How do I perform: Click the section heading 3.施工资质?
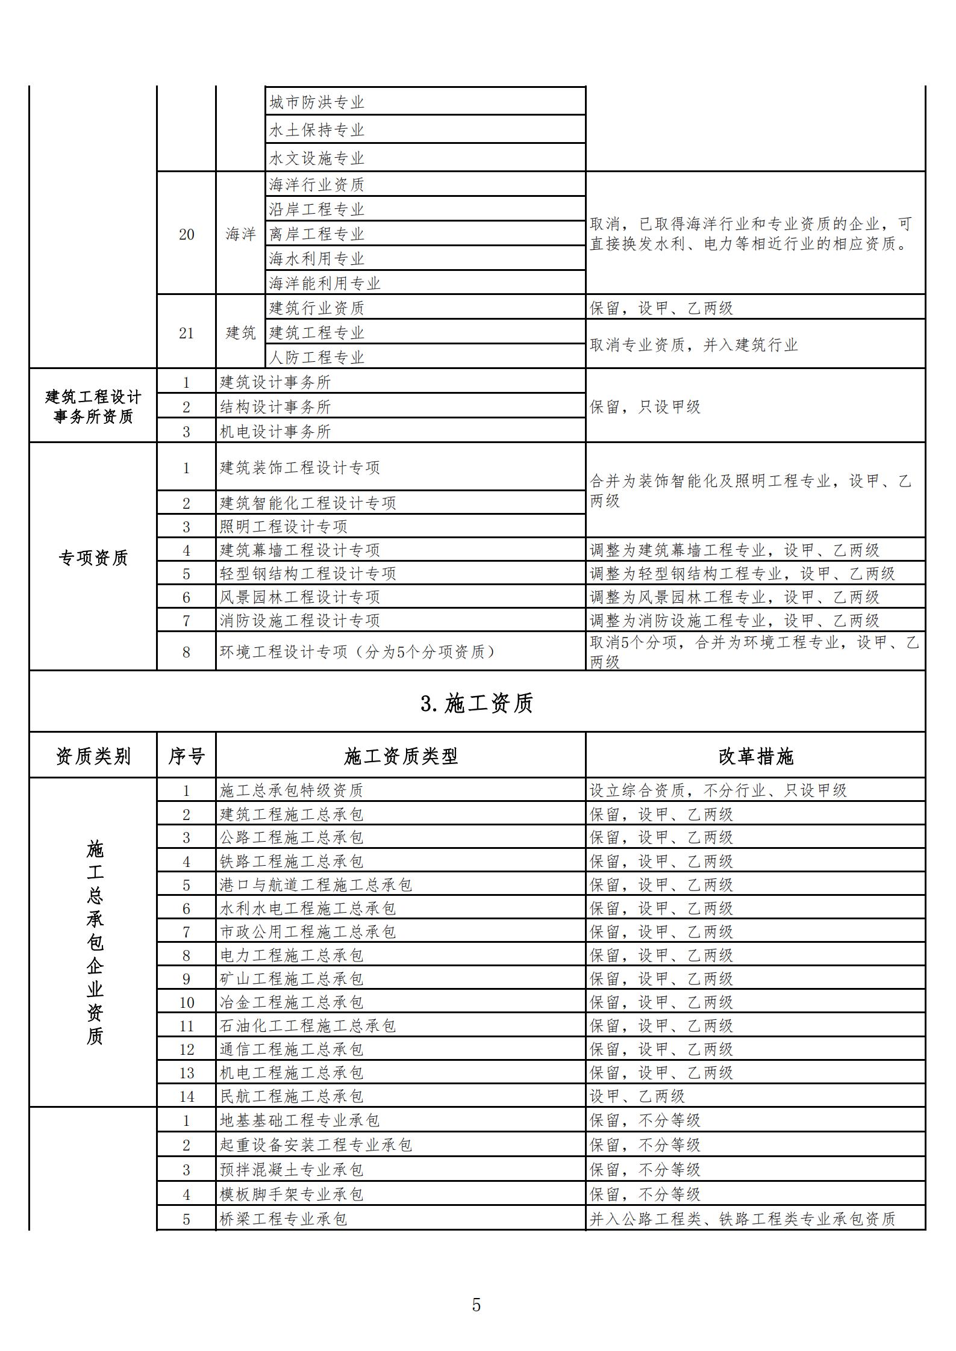click(x=476, y=703)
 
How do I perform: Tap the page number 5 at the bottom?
click(x=476, y=1305)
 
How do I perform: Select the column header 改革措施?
click(x=755, y=756)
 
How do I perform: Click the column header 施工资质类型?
click(x=401, y=756)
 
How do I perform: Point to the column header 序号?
click(x=186, y=756)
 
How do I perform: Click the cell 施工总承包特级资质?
click(x=292, y=790)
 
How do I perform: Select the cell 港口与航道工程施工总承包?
click(x=316, y=884)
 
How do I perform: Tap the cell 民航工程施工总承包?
click(x=292, y=1096)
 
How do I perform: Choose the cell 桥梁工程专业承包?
click(x=283, y=1219)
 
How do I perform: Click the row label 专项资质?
click(x=93, y=558)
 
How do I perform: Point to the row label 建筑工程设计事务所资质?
click(x=93, y=406)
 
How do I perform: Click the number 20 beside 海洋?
click(x=186, y=234)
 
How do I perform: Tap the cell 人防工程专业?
click(x=316, y=357)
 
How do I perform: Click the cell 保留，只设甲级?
click(x=645, y=407)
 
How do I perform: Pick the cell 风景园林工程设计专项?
click(x=299, y=597)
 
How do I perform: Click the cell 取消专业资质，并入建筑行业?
click(x=693, y=345)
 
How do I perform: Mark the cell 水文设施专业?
click(x=316, y=158)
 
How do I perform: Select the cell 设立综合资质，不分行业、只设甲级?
click(x=718, y=790)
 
